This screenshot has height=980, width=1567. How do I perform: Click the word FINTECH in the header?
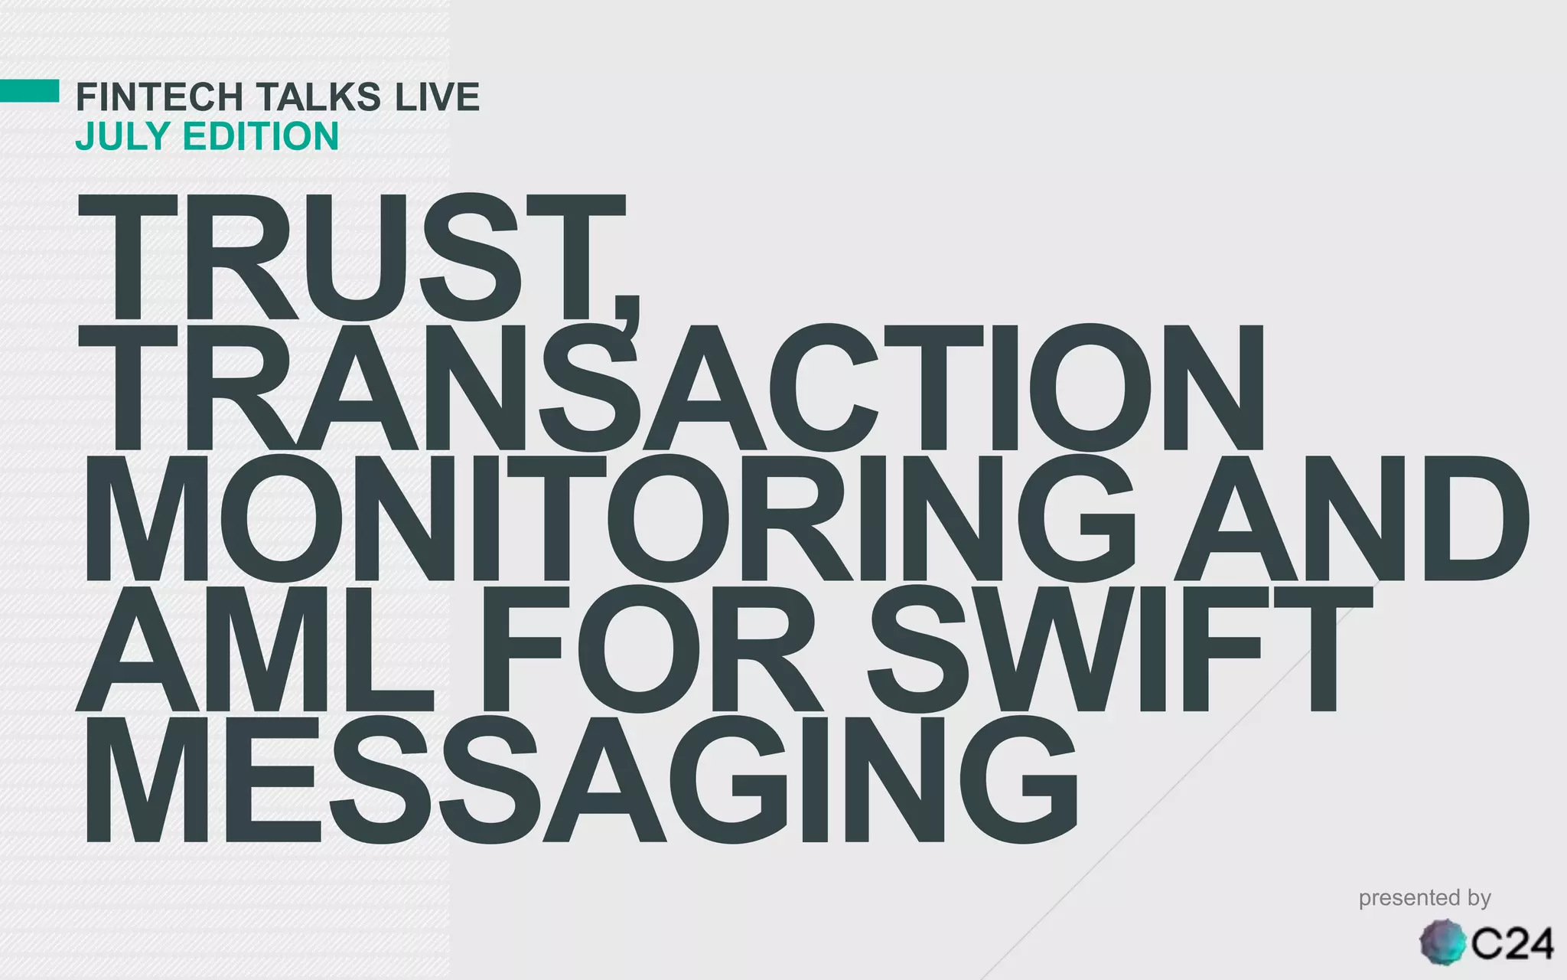pyautogui.click(x=159, y=97)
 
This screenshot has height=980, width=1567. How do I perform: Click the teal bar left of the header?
pyautogui.click(x=29, y=90)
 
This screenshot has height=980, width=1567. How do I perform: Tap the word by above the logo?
pyautogui.click(x=1476, y=899)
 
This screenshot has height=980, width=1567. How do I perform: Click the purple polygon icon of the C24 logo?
pyautogui.click(x=1443, y=942)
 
